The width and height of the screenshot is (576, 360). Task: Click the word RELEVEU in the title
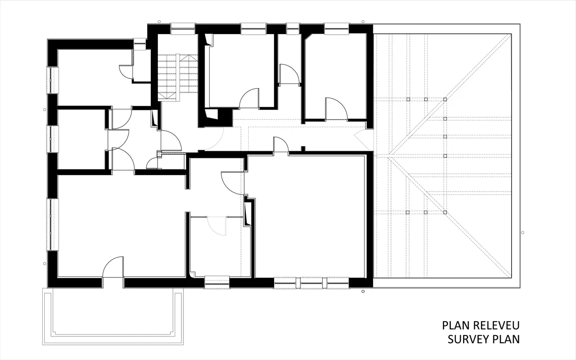coord(496,325)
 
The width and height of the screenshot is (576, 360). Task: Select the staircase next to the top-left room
coord(178,77)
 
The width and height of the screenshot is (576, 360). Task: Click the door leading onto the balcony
coord(113,267)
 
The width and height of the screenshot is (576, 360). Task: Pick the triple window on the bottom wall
coord(311,283)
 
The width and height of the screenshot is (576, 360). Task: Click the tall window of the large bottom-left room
coord(52,224)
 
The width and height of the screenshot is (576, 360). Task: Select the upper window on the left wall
coord(52,80)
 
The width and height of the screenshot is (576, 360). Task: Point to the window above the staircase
coord(183,28)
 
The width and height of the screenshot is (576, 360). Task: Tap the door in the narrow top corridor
coord(289,74)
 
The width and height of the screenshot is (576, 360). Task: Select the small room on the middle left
coord(81,139)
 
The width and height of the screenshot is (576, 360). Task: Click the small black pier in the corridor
coord(303,149)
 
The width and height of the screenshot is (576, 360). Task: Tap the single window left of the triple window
coord(217,282)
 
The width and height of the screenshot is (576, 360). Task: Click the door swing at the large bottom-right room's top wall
coord(281,145)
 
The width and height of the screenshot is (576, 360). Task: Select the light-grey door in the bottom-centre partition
coord(217,226)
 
